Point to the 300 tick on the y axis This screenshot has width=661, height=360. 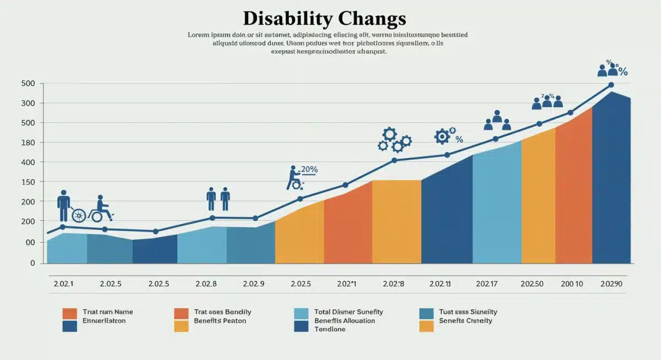point(29,103)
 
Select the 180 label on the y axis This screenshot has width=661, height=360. point(29,143)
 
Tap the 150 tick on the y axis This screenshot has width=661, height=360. point(29,182)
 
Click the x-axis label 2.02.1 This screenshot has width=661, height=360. point(63,284)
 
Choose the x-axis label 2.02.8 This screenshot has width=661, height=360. point(205,284)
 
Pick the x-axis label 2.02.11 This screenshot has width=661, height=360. point(441,284)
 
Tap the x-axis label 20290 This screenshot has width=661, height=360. point(611,284)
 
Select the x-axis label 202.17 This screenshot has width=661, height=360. point(487,284)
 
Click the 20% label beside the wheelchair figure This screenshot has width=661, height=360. point(309,170)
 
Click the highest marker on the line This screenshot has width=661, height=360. point(611,85)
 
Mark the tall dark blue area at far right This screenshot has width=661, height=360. point(611,182)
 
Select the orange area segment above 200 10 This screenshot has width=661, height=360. point(573,193)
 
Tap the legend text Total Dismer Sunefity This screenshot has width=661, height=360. point(349,312)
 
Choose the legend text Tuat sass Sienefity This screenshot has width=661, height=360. point(468,312)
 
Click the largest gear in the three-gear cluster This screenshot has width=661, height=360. point(389,134)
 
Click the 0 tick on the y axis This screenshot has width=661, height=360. point(32,263)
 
